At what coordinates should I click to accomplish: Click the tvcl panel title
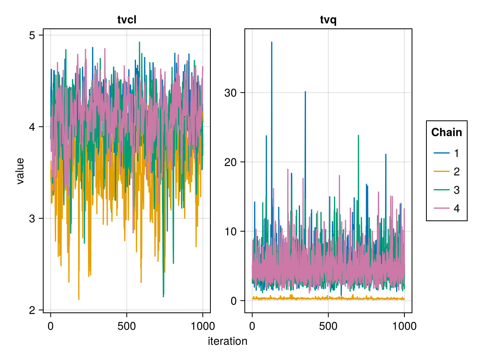pos(127,20)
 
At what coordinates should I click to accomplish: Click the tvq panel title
pos(328,20)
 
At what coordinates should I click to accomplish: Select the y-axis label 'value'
pos(20,171)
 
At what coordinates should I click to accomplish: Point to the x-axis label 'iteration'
pos(227,341)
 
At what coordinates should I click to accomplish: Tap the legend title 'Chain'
pos(446,132)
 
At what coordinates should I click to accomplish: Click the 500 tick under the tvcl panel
pos(126,326)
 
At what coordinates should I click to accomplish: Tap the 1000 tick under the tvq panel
pos(404,326)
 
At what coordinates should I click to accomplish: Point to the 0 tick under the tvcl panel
pos(50,326)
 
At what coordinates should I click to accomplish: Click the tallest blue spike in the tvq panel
pos(272,42)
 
